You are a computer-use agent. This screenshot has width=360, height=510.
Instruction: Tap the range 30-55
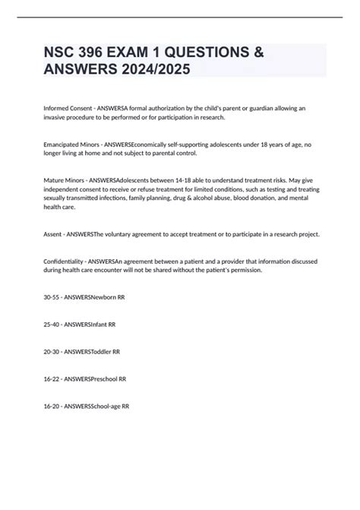coord(52,296)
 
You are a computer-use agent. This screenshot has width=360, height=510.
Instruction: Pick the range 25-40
coord(52,324)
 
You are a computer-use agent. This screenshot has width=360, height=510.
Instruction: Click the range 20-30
coord(52,351)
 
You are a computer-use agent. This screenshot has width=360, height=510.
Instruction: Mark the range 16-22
coord(52,379)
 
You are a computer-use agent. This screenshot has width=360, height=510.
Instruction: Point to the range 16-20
coord(52,406)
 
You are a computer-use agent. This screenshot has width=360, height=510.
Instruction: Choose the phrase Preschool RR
coord(109,379)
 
